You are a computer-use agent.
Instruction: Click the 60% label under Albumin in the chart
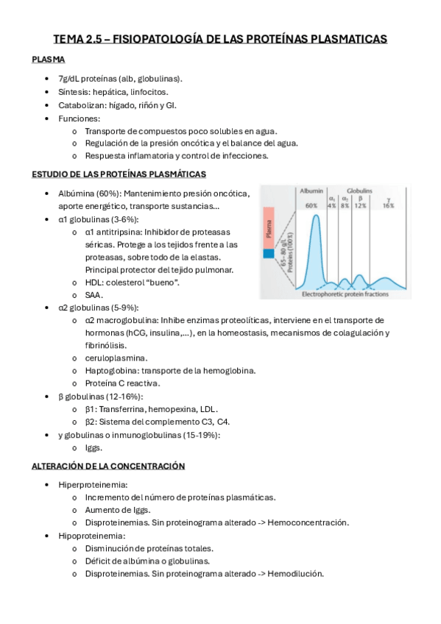pyautogui.click(x=311, y=206)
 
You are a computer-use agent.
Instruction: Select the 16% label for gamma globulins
pyautogui.click(x=388, y=206)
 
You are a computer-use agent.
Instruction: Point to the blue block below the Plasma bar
pyautogui.click(x=268, y=255)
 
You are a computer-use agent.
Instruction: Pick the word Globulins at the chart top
pyautogui.click(x=359, y=190)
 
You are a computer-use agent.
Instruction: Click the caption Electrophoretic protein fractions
pyautogui.click(x=345, y=294)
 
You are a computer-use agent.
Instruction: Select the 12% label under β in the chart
pyautogui.click(x=360, y=206)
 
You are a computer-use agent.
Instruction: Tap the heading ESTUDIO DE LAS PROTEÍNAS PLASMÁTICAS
pyautogui.click(x=119, y=174)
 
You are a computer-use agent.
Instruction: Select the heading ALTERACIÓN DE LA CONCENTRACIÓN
pyautogui.click(x=108, y=466)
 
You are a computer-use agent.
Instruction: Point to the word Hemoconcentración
pyautogui.click(x=308, y=522)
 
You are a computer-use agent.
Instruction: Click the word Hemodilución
pyautogui.click(x=295, y=574)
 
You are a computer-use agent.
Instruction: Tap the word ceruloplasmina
pyautogui.click(x=116, y=358)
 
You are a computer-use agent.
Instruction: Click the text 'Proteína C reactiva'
pyautogui.click(x=121, y=383)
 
